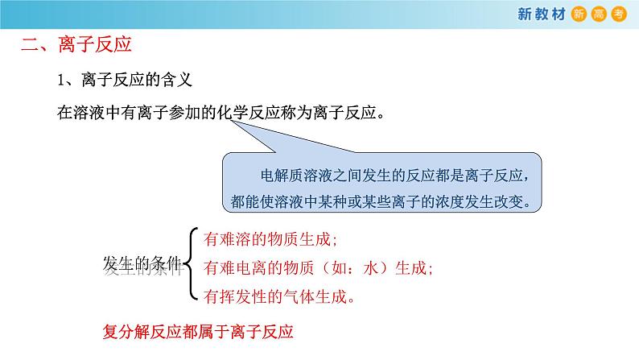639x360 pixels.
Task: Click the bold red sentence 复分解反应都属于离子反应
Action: click(198, 332)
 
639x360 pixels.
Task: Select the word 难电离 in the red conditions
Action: click(245, 267)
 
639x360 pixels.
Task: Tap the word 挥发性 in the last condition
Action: click(245, 296)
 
